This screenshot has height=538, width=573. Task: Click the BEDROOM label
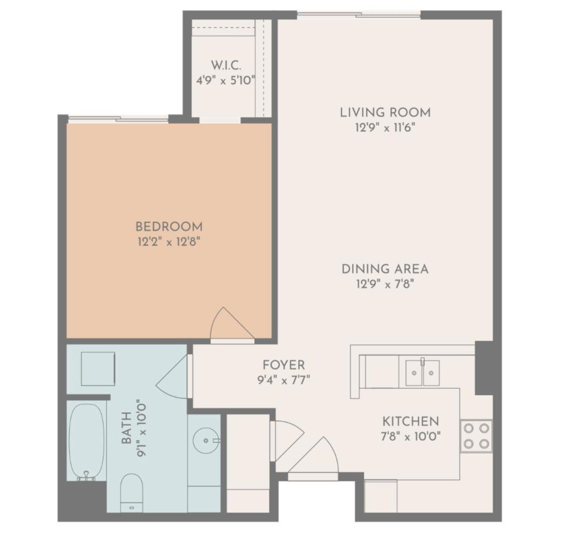click(169, 227)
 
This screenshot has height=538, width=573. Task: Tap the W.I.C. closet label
click(226, 65)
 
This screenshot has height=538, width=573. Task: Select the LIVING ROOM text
click(385, 112)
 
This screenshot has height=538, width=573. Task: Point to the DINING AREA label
click(385, 269)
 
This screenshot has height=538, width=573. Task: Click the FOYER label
click(283, 365)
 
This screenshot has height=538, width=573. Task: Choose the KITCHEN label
click(411, 421)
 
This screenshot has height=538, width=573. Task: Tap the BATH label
click(126, 428)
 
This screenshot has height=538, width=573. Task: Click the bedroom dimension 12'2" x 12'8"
click(169, 242)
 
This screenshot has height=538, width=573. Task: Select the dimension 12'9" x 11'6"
click(385, 127)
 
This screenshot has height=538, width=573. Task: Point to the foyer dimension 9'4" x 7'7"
click(283, 380)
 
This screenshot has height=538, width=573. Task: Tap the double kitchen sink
click(422, 372)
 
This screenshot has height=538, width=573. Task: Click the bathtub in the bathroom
click(87, 440)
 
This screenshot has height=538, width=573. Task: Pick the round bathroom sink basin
click(206, 440)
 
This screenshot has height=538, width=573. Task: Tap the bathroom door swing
click(174, 377)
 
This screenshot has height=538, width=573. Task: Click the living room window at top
click(359, 15)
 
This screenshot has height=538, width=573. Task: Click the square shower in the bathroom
click(98, 369)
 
